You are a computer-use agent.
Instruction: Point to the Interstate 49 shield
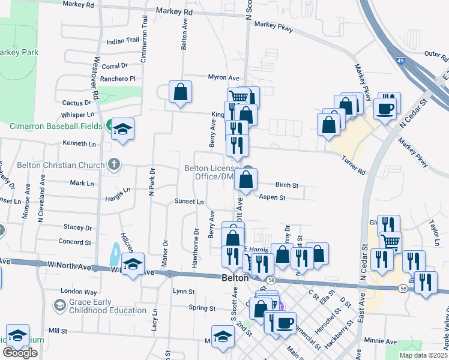click(399, 59)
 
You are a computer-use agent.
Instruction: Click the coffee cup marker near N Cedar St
click(385, 108)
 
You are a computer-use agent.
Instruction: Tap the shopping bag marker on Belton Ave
click(180, 92)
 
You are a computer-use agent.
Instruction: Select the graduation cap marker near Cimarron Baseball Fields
click(123, 129)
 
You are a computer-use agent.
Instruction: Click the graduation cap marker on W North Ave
click(133, 263)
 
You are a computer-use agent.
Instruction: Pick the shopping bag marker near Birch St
click(246, 179)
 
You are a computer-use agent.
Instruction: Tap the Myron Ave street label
click(223, 77)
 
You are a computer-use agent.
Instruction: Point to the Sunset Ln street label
click(189, 201)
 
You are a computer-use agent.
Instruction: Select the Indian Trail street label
click(122, 41)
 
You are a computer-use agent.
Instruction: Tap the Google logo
click(20, 353)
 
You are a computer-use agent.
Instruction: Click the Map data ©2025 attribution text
click(424, 355)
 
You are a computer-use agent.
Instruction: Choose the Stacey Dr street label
click(77, 227)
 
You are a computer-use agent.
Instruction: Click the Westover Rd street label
click(95, 78)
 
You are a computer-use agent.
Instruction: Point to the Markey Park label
click(19, 53)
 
